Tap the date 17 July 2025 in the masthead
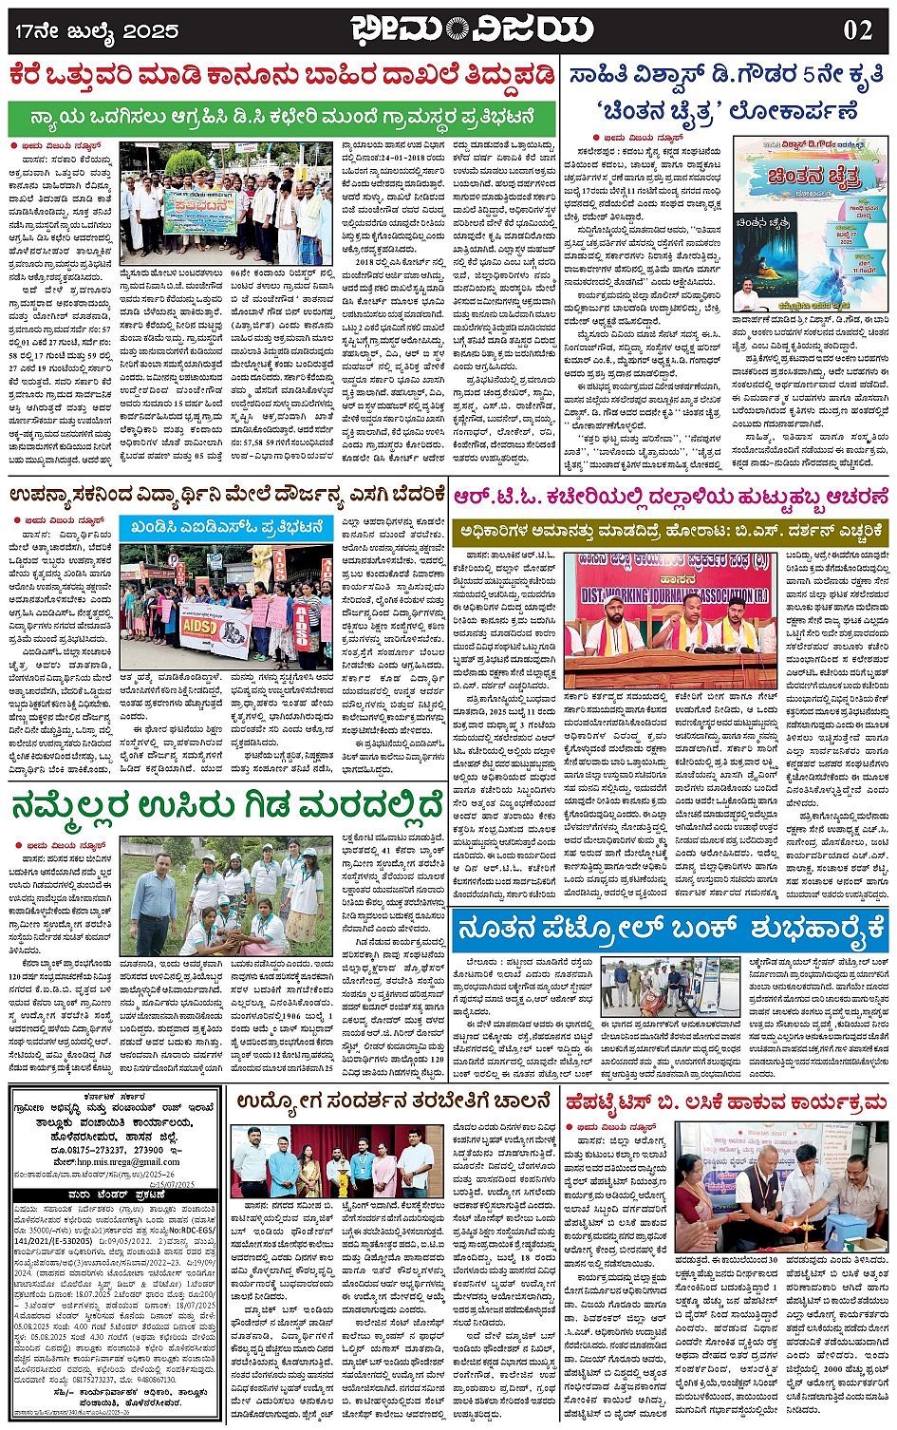tap(96, 31)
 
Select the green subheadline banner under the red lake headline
tap(282, 119)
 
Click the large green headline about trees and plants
tap(227, 805)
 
